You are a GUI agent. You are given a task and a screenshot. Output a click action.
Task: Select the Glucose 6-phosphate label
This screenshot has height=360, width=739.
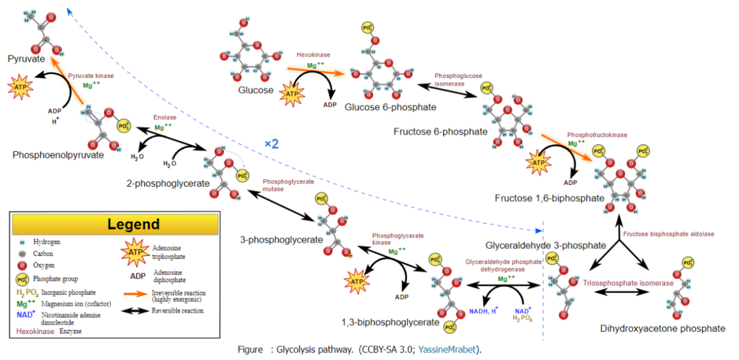[390, 107]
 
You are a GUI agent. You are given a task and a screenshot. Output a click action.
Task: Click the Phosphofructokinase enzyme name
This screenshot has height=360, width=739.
[597, 135]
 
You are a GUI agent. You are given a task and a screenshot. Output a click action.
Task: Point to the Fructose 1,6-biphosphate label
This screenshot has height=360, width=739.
[549, 198]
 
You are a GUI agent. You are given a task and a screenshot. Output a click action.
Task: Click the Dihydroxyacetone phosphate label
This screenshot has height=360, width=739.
[662, 329]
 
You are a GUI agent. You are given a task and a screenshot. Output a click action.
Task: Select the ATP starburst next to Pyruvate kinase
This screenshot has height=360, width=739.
[19, 88]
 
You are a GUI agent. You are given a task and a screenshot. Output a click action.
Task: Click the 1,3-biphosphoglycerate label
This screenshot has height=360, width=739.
[390, 322]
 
